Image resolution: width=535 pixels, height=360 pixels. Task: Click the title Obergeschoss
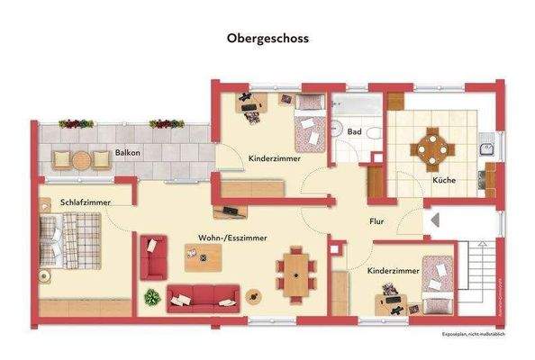tap(267, 40)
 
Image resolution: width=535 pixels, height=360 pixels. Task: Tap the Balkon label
tap(127, 153)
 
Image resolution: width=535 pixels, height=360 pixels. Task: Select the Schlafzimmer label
tap(86, 203)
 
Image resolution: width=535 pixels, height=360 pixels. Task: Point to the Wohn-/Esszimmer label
tap(233, 238)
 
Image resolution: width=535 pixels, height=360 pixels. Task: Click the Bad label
tap(356, 132)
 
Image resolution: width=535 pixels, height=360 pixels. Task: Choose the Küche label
tap(443, 180)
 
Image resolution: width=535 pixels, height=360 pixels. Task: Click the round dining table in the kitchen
tap(434, 146)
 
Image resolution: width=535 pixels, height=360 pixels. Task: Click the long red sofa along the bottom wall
tap(204, 294)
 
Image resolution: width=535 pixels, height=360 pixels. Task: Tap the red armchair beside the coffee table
tap(154, 256)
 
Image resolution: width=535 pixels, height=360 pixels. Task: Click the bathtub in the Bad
tap(355, 106)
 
